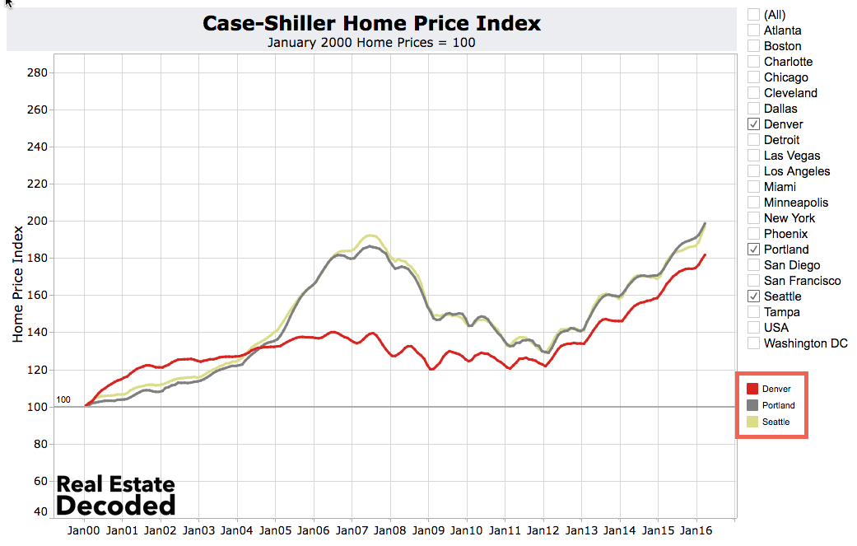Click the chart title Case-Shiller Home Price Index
371,23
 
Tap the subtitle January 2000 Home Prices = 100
371,43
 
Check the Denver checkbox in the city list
753,124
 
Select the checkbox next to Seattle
753,296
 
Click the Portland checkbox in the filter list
753,250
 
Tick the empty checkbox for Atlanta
753,30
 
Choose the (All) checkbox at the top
753,15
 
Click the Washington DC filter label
805,343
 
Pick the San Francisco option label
802,281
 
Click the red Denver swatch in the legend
752,389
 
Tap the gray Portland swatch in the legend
752,405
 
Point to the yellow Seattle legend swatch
752,422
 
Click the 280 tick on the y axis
38,72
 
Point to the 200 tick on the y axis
38,221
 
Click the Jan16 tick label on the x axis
696,531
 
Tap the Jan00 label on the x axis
83,531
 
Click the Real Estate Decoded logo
115,495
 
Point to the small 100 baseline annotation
63,400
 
